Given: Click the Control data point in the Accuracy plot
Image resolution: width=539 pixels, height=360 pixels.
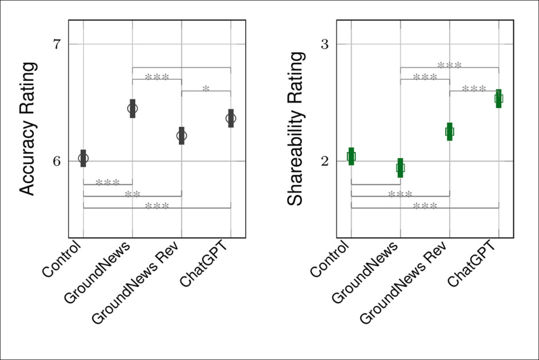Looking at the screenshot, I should pyautogui.click(x=84, y=158).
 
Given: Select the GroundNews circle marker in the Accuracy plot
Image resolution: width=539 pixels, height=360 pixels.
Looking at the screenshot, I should pyautogui.click(x=132, y=108).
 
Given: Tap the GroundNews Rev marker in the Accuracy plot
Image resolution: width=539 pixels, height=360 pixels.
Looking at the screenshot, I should pyautogui.click(x=182, y=136).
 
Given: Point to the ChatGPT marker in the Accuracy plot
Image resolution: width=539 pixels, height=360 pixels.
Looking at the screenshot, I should pyautogui.click(x=231, y=118).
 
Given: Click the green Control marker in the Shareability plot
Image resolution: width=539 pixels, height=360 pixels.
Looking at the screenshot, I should pyautogui.click(x=351, y=156).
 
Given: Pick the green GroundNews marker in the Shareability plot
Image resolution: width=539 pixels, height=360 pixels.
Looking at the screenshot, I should pyautogui.click(x=400, y=168).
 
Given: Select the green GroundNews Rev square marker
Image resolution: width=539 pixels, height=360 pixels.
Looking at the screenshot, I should pyautogui.click(x=450, y=131).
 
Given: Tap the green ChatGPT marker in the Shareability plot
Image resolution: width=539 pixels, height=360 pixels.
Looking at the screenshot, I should pyautogui.click(x=499, y=99).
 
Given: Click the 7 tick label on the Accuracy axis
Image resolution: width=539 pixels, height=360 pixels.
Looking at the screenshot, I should pyautogui.click(x=57, y=45).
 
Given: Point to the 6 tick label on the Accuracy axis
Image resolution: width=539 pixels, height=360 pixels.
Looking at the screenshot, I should pyautogui.click(x=57, y=162).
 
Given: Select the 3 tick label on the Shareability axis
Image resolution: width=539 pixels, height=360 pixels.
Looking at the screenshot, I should pyautogui.click(x=325, y=45).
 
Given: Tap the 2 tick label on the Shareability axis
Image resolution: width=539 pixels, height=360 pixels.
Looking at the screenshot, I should pyautogui.click(x=325, y=162).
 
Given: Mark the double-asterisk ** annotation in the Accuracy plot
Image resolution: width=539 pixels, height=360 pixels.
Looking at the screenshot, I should pyautogui.click(x=132, y=194).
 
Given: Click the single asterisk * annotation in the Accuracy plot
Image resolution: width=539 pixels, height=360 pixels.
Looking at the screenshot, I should pyautogui.click(x=206, y=88).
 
